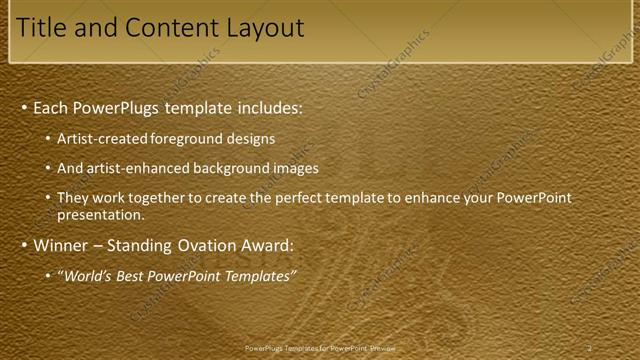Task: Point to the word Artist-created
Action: pos(103,139)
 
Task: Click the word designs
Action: pos(253,139)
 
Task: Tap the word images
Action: pos(297,168)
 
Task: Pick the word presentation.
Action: pos(100,214)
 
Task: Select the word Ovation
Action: pos(219,245)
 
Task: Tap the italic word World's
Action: pos(87,276)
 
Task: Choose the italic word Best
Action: pos(131,276)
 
